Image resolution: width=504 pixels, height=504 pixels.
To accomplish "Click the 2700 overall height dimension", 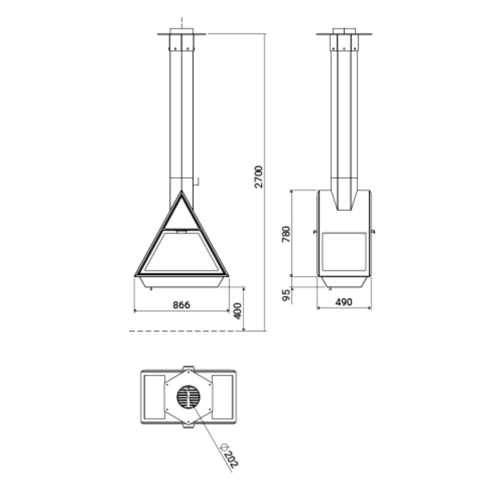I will coord(260,177).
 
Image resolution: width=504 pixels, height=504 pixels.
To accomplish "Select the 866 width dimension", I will coord(181,305).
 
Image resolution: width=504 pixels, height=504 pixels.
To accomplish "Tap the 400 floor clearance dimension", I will coord(238,311).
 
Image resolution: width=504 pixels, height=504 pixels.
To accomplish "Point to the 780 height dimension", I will coord(287,234).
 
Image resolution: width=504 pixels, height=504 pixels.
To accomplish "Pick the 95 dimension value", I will coord(287,294).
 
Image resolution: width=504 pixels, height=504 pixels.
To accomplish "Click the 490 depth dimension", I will coord(344,302).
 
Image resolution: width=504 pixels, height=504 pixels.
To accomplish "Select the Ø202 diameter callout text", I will coord(229,455).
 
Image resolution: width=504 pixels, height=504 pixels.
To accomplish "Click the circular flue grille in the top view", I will coord(188,397).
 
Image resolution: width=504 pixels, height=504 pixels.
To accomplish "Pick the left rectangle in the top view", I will coord(155,397).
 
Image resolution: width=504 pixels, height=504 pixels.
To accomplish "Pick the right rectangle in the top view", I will coord(222,397).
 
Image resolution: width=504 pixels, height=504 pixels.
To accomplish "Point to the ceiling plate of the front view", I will coord(182,34).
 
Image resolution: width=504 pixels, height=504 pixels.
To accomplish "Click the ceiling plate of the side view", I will coord(344,34).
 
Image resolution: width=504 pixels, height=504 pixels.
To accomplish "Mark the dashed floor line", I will coord(186,331).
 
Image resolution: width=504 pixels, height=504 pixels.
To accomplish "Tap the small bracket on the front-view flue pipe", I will coord(198,182).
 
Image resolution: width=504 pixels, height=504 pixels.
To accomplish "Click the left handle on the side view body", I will coord(315,231).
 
